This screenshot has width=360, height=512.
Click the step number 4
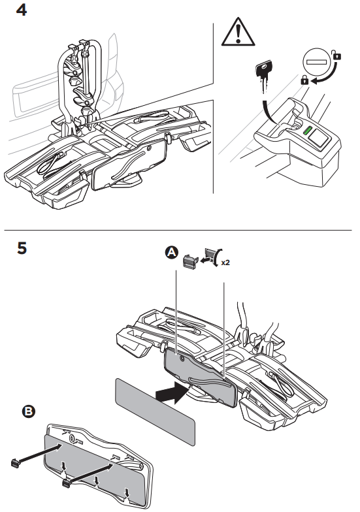point(21,10)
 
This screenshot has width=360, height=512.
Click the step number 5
point(22,248)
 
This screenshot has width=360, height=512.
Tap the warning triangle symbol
point(238,32)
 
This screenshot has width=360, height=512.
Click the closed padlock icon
point(304,80)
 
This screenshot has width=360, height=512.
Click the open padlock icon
point(336,55)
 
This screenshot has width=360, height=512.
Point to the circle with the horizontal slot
point(316,61)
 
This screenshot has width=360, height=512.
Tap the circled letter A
point(172,252)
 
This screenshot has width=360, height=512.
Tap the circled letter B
point(29,411)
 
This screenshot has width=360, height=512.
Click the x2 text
point(225,263)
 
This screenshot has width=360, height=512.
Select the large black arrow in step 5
point(171,393)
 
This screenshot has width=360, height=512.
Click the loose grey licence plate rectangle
point(155,411)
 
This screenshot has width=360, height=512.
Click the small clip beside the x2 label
point(191,261)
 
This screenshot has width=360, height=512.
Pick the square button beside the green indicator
point(318,137)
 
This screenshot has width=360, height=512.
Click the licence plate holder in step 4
point(129,165)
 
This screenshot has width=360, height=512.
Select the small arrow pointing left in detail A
point(205,261)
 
